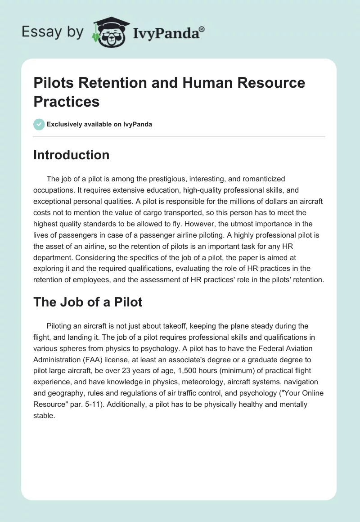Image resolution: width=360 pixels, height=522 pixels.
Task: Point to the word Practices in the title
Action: [x=67, y=101]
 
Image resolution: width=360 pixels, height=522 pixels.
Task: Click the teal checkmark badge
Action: [x=39, y=124]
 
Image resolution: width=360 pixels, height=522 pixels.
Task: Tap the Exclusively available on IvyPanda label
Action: [x=100, y=124]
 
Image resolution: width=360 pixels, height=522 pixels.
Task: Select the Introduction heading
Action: [x=72, y=155]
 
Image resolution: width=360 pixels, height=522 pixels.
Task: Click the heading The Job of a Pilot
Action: [x=88, y=302]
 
